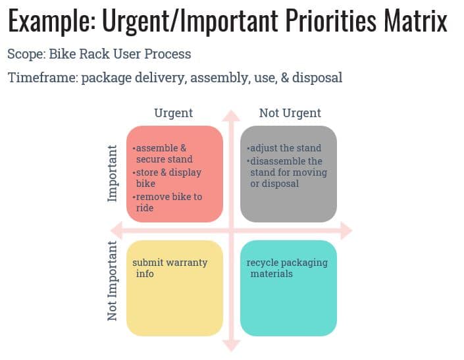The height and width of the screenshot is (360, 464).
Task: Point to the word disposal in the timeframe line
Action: click(317, 78)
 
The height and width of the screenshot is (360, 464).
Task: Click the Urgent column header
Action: click(173, 113)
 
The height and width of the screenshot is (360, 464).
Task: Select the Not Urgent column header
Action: click(290, 113)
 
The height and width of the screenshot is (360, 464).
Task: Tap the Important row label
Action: click(113, 173)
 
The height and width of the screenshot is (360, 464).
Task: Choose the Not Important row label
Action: click(113, 280)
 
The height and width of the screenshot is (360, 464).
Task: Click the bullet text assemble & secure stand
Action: click(163, 153)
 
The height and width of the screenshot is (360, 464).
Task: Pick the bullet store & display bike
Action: click(167, 178)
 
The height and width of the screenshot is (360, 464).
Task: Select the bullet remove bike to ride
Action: click(167, 202)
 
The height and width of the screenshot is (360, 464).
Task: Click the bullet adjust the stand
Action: click(285, 148)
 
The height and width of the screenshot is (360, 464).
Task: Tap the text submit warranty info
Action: click(169, 267)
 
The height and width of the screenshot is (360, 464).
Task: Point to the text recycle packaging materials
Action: click(286, 267)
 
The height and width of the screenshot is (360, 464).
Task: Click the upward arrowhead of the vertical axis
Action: click(231, 117)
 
